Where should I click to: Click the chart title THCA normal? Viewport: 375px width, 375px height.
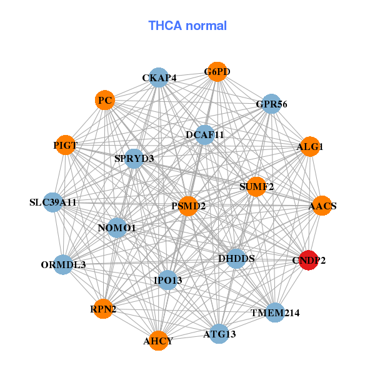(187, 26)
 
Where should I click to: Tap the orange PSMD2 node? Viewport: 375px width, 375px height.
(189, 206)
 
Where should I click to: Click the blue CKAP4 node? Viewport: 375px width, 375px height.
(159, 78)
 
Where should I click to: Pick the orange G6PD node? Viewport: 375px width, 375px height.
(217, 72)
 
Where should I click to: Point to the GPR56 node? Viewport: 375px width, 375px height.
(271, 104)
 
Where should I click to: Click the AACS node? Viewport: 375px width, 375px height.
(322, 206)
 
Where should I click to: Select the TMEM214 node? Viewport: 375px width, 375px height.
(275, 312)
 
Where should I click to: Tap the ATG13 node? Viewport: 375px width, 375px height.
(219, 334)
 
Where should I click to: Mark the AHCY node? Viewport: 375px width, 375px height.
(158, 341)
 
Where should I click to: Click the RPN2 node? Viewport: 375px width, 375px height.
(103, 308)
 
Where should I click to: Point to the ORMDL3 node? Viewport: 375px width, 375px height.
(63, 264)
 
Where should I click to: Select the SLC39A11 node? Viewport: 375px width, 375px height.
(53, 202)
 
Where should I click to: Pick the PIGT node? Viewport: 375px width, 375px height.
(65, 146)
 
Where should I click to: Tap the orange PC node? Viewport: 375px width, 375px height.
(105, 100)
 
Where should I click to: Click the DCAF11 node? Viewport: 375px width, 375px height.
(205, 134)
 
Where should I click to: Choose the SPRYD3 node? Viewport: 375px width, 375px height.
(134, 158)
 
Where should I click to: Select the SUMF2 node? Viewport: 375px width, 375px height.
(256, 186)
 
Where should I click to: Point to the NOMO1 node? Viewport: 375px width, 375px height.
(117, 228)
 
